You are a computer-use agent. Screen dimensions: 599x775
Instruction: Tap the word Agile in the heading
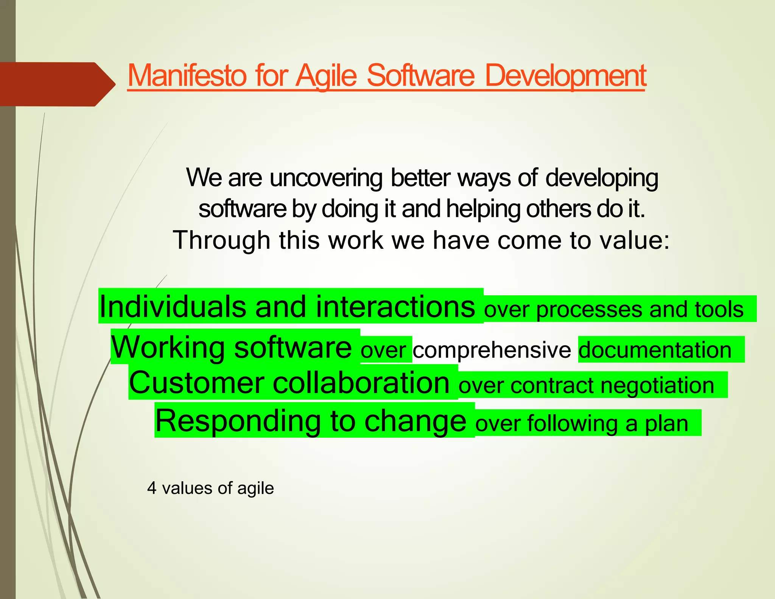[326, 75]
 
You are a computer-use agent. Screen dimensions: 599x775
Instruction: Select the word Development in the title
[565, 75]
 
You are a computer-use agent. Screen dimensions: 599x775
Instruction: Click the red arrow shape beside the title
[57, 84]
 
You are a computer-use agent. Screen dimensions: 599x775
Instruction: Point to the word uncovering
[326, 178]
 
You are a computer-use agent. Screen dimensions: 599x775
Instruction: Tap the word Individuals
[173, 306]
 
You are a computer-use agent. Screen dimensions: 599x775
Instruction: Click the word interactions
[395, 306]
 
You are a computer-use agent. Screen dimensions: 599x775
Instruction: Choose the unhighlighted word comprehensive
[492, 349]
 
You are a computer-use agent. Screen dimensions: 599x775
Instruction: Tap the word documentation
[655, 349]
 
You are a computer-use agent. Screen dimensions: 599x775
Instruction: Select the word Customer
[196, 382]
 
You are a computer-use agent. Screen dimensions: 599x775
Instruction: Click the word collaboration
[361, 382]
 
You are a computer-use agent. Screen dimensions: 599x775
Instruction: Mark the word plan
[667, 424]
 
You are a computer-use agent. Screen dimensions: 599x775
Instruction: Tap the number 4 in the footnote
[152, 488]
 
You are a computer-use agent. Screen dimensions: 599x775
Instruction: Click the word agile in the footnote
[255, 488]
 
